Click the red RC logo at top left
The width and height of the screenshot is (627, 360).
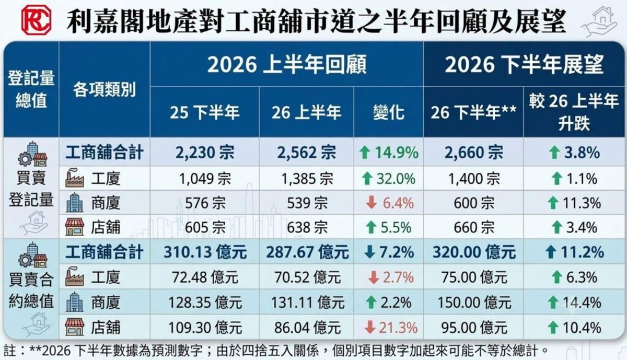37,20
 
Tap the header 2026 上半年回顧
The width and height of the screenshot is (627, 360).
287,65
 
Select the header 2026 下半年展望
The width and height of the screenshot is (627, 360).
524,65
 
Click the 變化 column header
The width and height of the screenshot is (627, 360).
389,112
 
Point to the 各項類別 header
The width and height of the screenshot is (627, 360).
104,89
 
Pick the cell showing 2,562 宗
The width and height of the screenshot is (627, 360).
307,153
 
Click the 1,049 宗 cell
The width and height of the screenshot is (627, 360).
205,179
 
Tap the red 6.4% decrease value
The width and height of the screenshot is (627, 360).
398,203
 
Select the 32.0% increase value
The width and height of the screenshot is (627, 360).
396,179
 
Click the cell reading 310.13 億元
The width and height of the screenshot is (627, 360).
205,252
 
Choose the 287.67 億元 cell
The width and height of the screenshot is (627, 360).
307,252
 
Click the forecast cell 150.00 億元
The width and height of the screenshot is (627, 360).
474,303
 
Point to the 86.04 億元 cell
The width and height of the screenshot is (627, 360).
307,328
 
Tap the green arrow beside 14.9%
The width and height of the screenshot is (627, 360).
365,153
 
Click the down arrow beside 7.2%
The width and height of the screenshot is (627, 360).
370,252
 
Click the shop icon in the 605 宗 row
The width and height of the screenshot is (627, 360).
74,227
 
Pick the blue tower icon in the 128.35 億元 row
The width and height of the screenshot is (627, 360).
74,302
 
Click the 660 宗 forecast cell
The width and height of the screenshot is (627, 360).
474,227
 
